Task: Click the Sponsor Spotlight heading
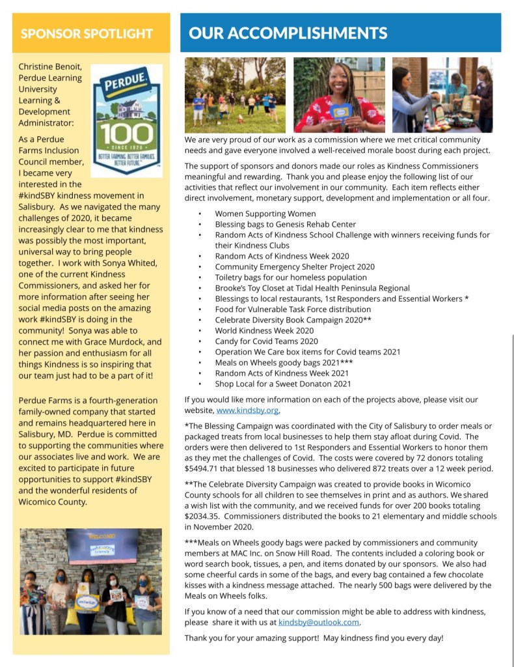click(x=87, y=34)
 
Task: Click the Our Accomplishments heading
click(x=288, y=33)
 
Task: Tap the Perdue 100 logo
click(x=126, y=121)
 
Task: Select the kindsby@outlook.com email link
click(x=319, y=622)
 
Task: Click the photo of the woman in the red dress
click(x=339, y=95)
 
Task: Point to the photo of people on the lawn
click(x=235, y=95)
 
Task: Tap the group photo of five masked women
click(x=91, y=581)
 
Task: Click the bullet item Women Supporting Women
click(x=265, y=214)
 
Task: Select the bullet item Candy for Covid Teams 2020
click(x=267, y=341)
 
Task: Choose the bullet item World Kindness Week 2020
click(x=264, y=331)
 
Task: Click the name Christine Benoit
click(x=49, y=67)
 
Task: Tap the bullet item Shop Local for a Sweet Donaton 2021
click(x=283, y=384)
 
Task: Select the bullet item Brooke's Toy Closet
click(x=312, y=288)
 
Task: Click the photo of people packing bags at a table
click(x=442, y=95)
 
